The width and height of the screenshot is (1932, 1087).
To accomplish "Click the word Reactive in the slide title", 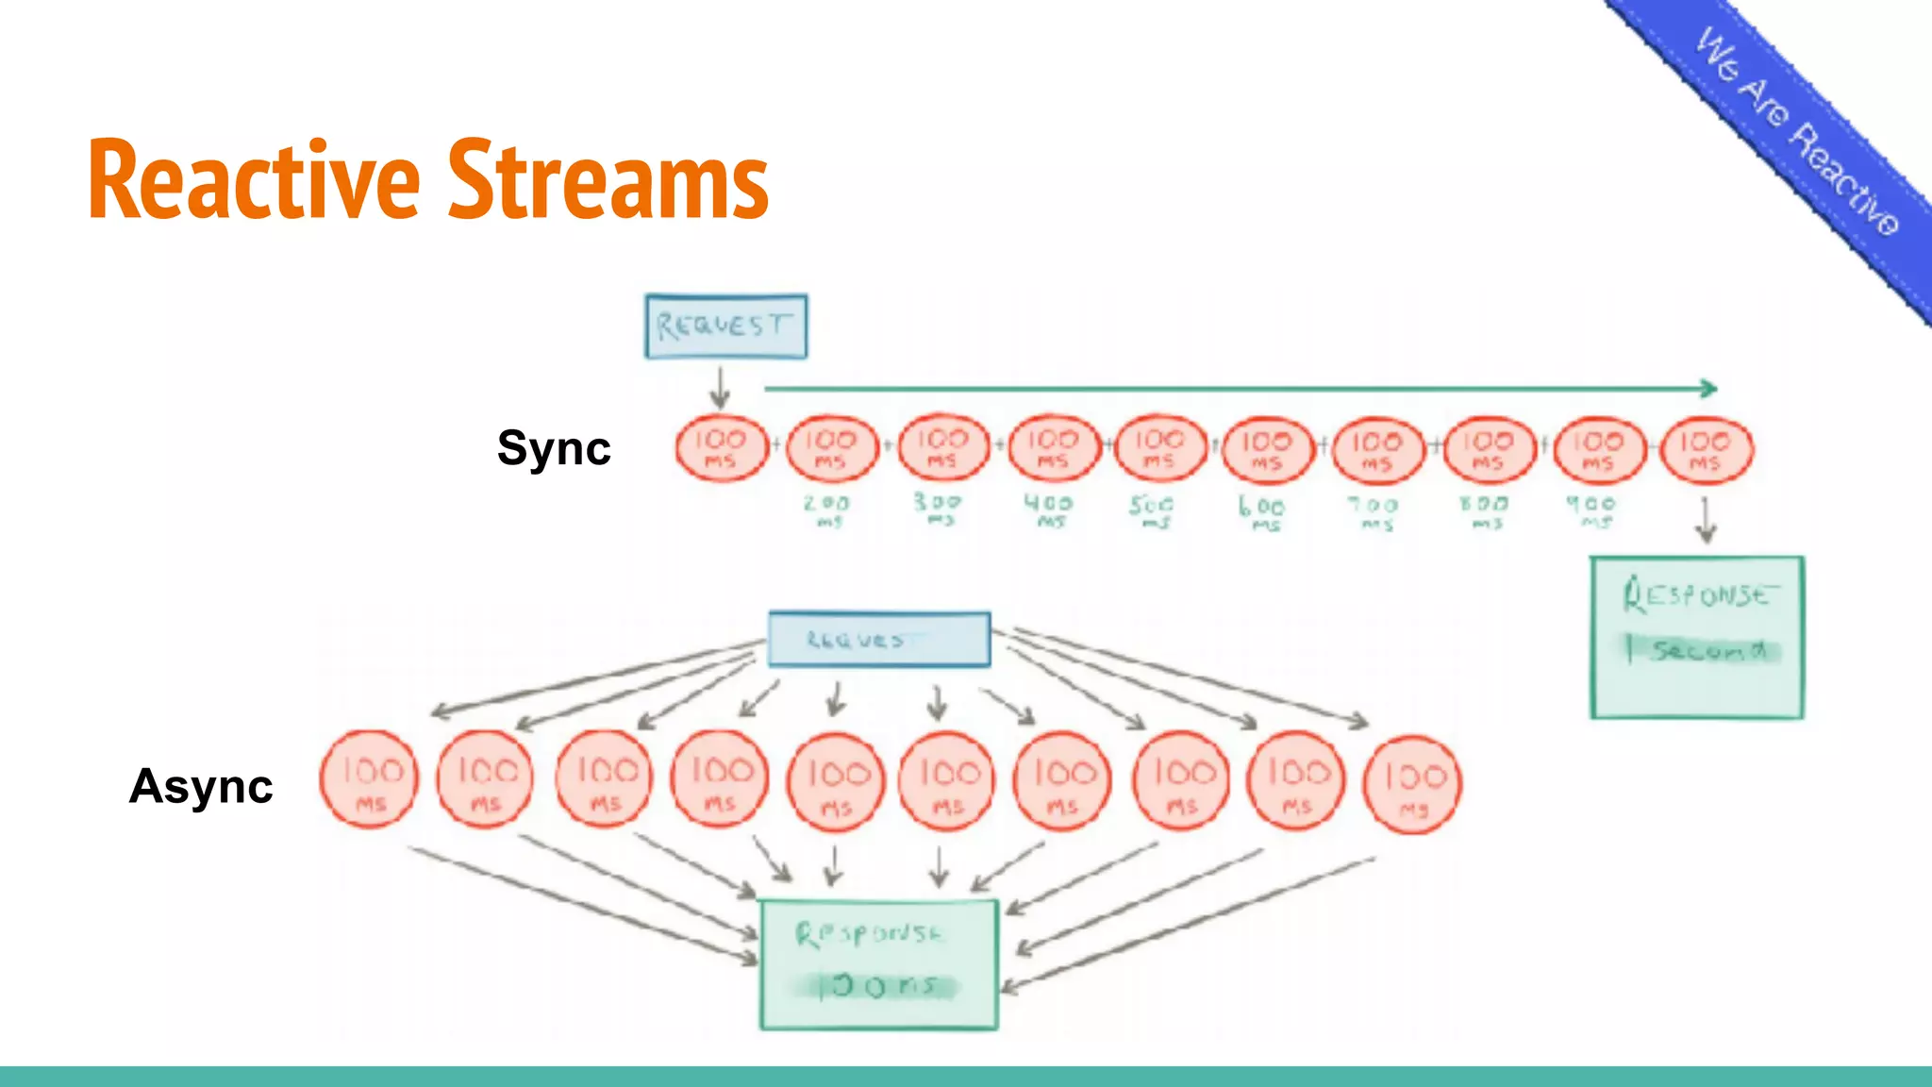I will point(253,179).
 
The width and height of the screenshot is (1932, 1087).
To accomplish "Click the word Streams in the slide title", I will point(608,179).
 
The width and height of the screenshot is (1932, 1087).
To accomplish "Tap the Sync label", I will point(554,447).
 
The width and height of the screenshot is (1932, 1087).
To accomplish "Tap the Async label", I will point(201,785).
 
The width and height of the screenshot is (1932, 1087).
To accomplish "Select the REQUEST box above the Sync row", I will point(725,326).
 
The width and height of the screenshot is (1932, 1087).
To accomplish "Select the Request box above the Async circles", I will point(878,639).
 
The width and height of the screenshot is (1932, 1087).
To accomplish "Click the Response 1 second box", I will point(1696,637).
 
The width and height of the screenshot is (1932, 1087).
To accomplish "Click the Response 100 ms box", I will point(878,963).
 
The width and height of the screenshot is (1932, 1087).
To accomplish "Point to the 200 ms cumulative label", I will point(826,510).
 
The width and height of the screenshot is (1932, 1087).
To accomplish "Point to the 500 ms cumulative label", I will point(1152,510).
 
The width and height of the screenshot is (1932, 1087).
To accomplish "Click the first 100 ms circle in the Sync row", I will point(721,448).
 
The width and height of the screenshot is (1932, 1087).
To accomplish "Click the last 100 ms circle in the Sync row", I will point(1706,450).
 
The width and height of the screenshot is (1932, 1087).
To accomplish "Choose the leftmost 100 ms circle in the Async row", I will point(368,779).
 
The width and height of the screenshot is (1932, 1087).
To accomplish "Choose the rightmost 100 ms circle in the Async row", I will point(1412,785).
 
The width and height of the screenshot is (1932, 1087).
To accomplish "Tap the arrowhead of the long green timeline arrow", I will point(1708,388).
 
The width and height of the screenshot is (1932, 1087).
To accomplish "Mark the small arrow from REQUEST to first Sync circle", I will point(720,388).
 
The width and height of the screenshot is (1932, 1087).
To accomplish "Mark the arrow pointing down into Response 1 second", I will point(1705,521).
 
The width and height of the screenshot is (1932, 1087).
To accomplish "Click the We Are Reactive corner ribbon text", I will point(1797,132).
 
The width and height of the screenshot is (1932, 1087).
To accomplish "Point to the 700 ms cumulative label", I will point(1374,511).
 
